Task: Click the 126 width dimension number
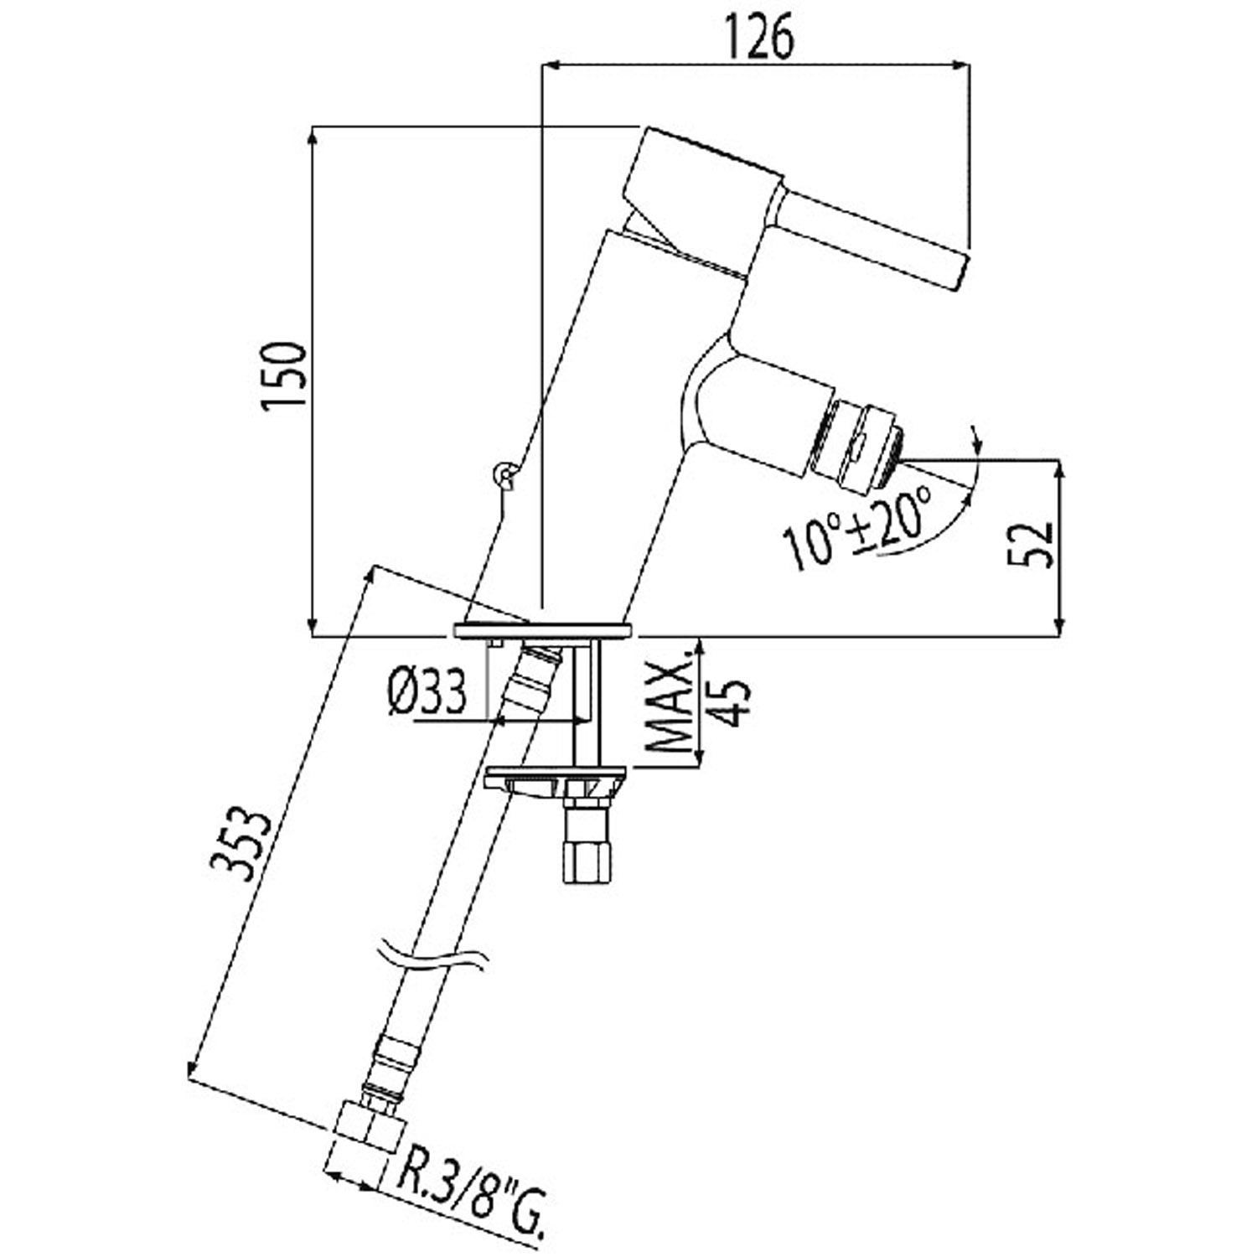click(x=758, y=39)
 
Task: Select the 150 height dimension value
click(x=283, y=375)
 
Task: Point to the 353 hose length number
click(x=242, y=844)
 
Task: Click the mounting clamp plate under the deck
click(x=556, y=776)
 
